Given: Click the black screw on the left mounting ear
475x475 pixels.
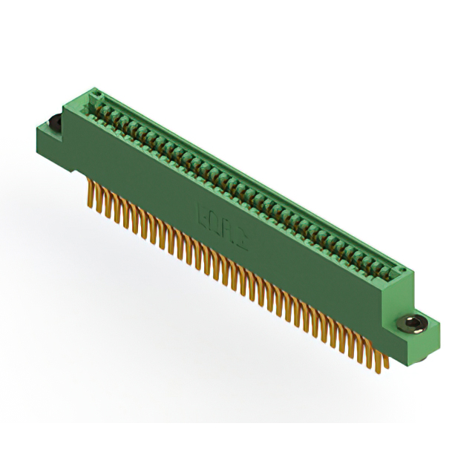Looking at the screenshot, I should pyautogui.click(x=54, y=122).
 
